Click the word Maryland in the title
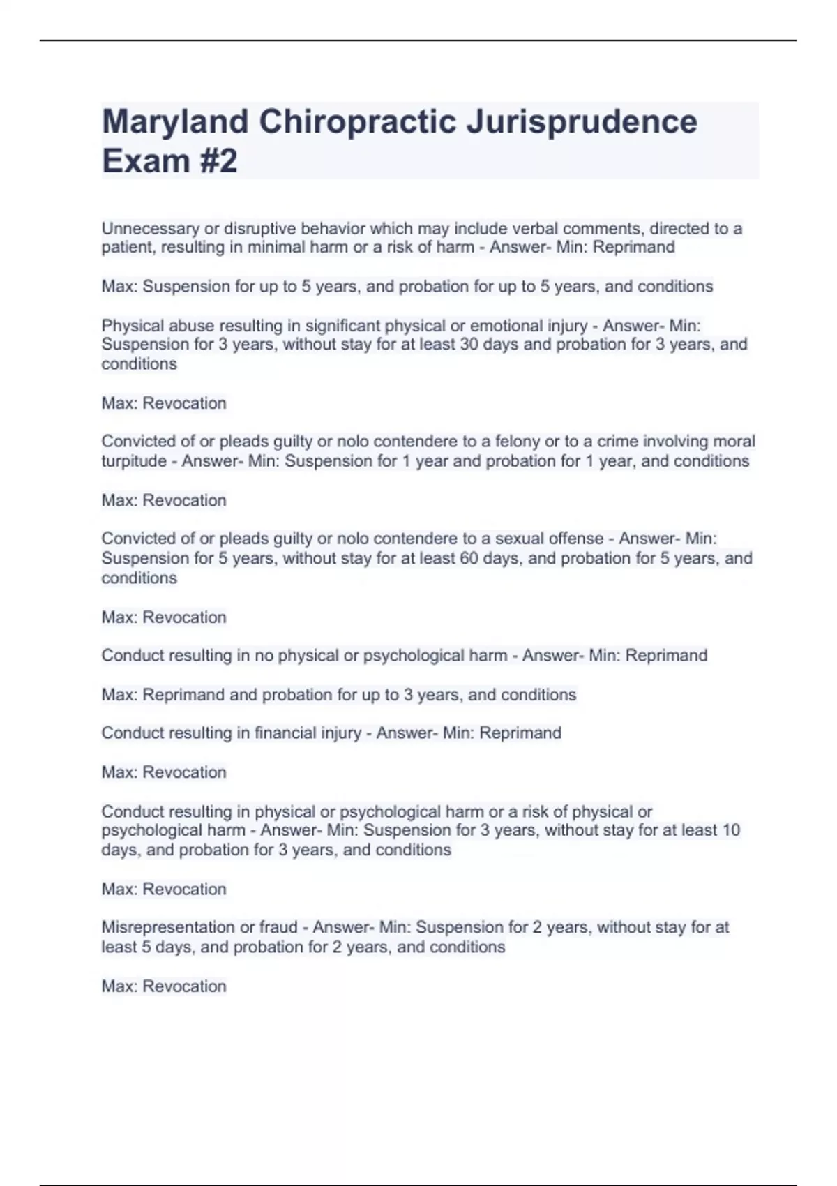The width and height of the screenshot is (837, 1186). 175,123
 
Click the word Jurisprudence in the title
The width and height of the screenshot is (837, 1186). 581,123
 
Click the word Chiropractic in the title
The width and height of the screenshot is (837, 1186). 358,123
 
